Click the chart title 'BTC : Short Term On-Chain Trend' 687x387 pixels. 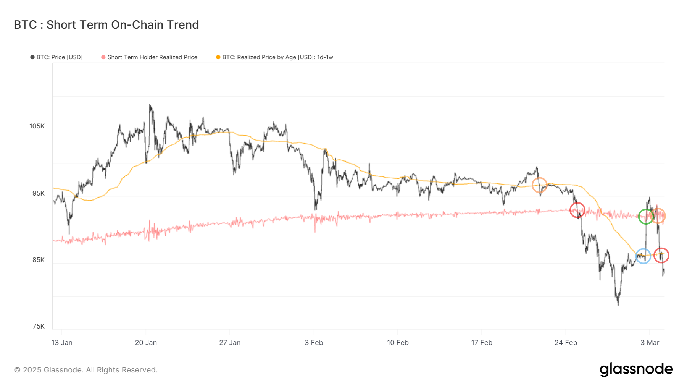pyautogui.click(x=106, y=25)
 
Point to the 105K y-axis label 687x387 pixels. pyautogui.click(x=37, y=126)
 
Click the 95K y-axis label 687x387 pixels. pyautogui.click(x=38, y=193)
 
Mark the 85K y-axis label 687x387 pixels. pyautogui.click(x=38, y=260)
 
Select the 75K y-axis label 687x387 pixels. pyautogui.click(x=38, y=326)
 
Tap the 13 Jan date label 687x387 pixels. pyautogui.click(x=62, y=343)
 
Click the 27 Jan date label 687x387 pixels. pyautogui.click(x=230, y=343)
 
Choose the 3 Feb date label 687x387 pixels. pyautogui.click(x=314, y=343)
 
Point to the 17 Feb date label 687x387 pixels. pyautogui.click(x=482, y=343)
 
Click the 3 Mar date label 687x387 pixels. pyautogui.click(x=650, y=343)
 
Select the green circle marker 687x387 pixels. pyautogui.click(x=646, y=217)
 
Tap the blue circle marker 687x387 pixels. pyautogui.click(x=643, y=256)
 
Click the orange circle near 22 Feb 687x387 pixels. pyautogui.click(x=540, y=185)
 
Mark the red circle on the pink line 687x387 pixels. pyautogui.click(x=577, y=210)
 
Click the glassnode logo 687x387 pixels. pyautogui.click(x=636, y=369)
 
